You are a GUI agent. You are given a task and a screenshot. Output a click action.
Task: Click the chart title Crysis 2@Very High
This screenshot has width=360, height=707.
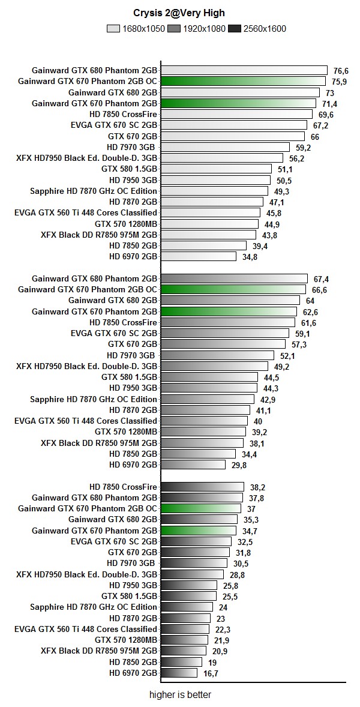point(179,13)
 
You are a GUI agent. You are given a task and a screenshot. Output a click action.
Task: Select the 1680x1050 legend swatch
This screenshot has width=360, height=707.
point(113,28)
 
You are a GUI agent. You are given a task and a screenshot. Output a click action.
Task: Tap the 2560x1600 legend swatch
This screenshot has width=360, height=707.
point(235,28)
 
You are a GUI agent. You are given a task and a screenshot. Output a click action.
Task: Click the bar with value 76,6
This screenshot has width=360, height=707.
point(244,70)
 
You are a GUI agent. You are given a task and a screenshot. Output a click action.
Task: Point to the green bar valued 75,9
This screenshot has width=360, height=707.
point(243,81)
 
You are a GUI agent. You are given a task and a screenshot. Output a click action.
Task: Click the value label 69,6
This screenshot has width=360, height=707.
point(326,115)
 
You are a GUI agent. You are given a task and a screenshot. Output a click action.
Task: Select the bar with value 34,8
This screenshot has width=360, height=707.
point(199,256)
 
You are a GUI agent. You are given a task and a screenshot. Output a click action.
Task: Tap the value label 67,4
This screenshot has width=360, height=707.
point(322,279)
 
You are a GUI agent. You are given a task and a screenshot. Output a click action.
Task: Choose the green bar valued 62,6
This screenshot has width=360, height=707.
point(229,311)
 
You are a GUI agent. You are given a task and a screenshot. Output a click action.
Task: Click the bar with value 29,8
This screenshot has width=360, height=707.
point(193,465)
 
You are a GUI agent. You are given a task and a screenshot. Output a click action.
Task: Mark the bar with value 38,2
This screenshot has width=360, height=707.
point(202,487)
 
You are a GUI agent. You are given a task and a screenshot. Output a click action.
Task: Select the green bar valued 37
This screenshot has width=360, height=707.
point(201,508)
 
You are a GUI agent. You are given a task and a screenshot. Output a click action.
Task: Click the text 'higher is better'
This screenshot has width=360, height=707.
point(180,695)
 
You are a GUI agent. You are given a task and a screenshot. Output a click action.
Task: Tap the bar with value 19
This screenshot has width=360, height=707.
point(181,662)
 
